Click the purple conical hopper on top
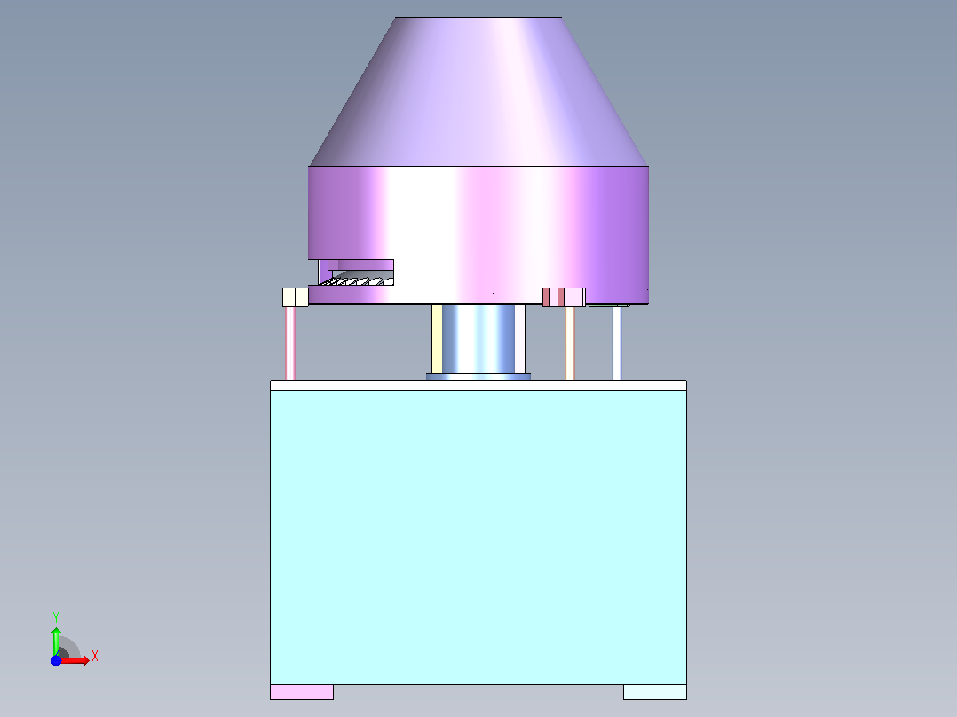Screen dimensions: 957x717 click(x=478, y=91)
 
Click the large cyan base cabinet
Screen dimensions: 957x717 click(x=478, y=538)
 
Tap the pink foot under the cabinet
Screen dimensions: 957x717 click(x=302, y=692)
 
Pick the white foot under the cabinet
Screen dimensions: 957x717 click(x=655, y=692)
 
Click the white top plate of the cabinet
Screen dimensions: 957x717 click(x=478, y=386)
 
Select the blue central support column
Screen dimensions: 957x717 click(x=478, y=339)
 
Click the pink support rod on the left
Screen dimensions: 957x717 click(x=290, y=343)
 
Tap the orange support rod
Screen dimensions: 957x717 click(x=570, y=343)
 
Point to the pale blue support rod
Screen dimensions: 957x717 click(x=617, y=343)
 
